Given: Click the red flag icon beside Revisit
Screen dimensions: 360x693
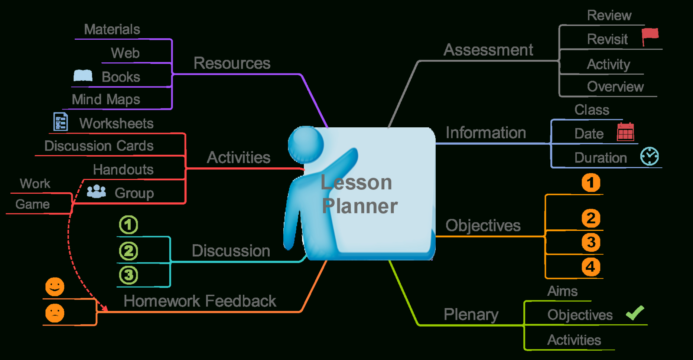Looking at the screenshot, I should [650, 36].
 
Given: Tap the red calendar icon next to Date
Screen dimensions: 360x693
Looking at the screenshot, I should [625, 132].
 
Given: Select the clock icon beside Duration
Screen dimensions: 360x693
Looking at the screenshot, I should [650, 156].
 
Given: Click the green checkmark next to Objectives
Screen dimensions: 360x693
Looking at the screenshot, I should [635, 313].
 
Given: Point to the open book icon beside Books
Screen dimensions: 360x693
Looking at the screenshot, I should [83, 76].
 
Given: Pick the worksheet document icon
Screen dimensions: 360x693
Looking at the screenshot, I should [61, 121].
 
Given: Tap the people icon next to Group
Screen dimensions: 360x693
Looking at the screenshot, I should [96, 192].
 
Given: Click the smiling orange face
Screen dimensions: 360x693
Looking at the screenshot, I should [55, 287].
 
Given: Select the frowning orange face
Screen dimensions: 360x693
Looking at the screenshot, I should [55, 313].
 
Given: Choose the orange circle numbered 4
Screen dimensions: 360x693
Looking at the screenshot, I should [590, 266].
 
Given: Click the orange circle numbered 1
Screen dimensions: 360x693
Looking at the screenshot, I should [590, 183].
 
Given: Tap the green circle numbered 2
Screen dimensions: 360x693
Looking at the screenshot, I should [128, 251].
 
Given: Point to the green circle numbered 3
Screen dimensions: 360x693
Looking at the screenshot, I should [128, 275].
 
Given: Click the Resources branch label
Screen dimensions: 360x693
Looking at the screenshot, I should [232, 63].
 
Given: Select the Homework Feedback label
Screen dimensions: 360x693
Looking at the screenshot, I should [200, 301].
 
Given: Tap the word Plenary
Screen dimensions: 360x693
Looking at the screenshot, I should [471, 315].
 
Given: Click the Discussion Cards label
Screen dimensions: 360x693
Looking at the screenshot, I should [99, 146].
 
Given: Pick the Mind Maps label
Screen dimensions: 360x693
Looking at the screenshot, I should [106, 99].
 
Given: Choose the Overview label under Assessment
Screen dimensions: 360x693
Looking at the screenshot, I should [615, 86].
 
